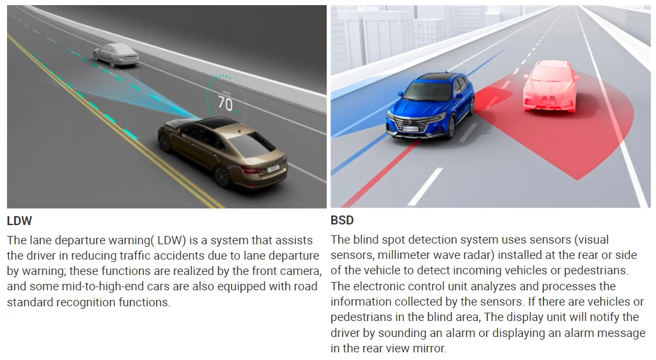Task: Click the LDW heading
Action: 19,221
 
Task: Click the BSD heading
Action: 342,220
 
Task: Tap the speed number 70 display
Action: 225,104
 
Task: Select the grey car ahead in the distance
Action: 116,55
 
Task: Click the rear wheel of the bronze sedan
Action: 222,176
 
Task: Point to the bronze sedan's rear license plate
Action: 273,168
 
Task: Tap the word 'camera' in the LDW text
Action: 300,271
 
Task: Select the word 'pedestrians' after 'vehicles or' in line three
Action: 595,270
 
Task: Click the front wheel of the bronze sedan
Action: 165,143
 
